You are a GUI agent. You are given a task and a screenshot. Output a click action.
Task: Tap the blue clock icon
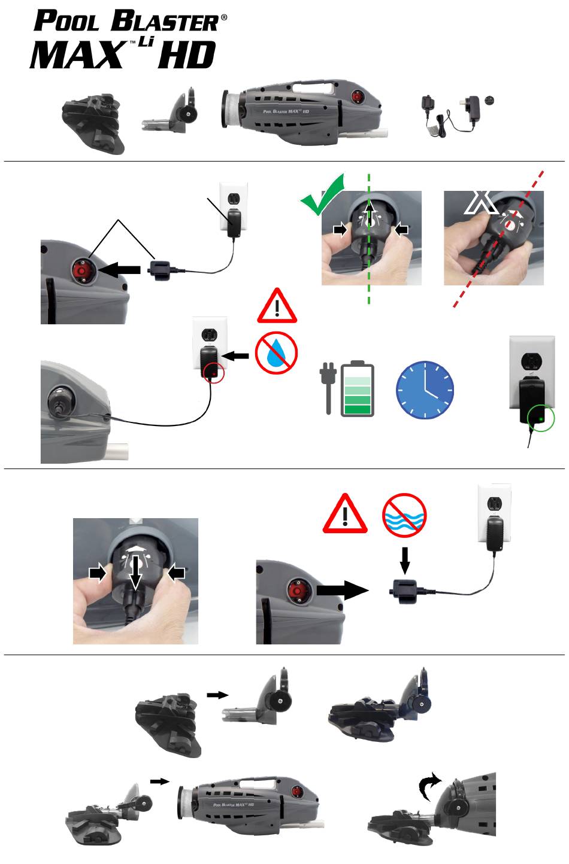click(425, 390)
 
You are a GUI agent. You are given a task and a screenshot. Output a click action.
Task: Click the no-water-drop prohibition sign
click(276, 353)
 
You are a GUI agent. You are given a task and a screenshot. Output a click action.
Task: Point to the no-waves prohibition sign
click(404, 515)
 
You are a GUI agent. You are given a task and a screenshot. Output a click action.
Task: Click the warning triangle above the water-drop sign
click(277, 306)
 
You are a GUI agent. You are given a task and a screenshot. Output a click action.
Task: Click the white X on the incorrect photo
click(481, 202)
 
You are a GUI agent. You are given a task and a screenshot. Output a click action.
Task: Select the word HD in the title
click(186, 55)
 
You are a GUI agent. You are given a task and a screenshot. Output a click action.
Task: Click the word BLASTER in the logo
click(165, 21)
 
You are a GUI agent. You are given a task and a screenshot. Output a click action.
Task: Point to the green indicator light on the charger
click(541, 418)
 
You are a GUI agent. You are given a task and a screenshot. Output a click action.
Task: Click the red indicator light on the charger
click(213, 374)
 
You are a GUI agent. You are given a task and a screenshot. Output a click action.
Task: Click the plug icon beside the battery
click(328, 388)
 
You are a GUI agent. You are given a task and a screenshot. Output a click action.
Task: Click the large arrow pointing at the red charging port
click(119, 269)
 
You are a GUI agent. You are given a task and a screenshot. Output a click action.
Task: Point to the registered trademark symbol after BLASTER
click(224, 17)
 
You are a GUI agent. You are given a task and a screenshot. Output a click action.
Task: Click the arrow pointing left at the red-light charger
click(236, 355)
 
